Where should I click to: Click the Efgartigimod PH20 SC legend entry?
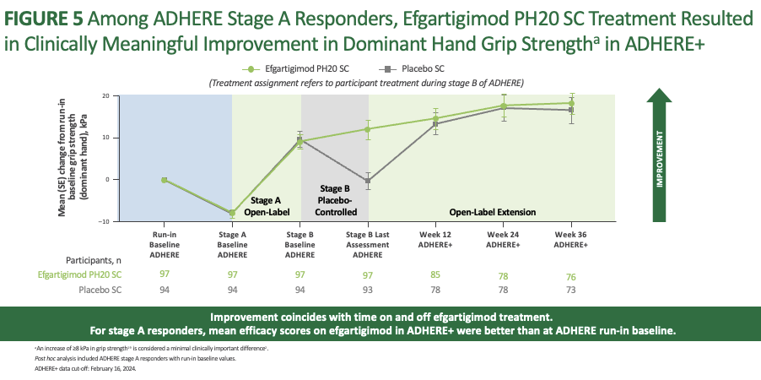pyautogui.click(x=289, y=71)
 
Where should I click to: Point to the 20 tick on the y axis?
pyautogui.click(x=107, y=96)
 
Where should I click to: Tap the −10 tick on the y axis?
pyautogui.click(x=106, y=221)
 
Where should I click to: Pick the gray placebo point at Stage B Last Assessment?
pyautogui.click(x=368, y=182)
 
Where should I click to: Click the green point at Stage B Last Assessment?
pyautogui.click(x=368, y=129)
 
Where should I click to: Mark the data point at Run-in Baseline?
pyautogui.click(x=165, y=180)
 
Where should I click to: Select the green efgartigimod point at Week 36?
pyautogui.click(x=572, y=103)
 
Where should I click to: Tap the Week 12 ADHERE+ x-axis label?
pyautogui.click(x=436, y=238)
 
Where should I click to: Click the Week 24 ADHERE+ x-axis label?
pyautogui.click(x=504, y=238)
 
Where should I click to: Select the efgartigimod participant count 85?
pyautogui.click(x=435, y=274)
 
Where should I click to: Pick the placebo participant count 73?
pyautogui.click(x=571, y=290)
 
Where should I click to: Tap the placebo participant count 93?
pyautogui.click(x=368, y=290)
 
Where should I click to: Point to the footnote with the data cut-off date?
pyautogui.click(x=63, y=369)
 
